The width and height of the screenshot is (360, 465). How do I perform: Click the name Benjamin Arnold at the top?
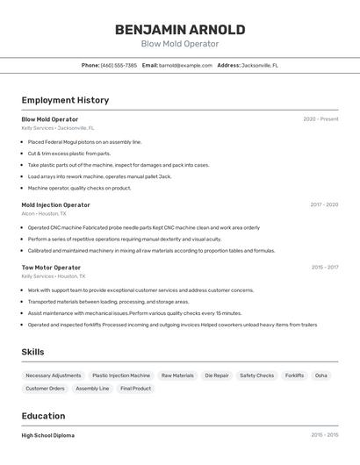179,29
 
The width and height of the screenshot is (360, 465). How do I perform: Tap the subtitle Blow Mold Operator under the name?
179,44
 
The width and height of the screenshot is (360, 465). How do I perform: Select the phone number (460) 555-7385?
119,65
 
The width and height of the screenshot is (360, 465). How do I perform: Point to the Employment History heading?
65,100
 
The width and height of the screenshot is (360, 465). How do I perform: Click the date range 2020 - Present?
320,119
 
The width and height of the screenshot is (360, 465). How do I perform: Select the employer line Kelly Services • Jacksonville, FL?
58,128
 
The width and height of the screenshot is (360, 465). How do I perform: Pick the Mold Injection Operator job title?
55,204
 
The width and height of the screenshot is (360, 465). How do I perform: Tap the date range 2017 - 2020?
323,204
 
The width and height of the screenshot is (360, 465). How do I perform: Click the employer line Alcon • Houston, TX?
44,213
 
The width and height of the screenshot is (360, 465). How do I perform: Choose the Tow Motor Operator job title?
51,268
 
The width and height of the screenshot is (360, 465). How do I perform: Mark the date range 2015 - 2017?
324,268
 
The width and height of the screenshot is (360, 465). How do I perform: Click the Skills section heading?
33,352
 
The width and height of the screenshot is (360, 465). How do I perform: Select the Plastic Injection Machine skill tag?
121,376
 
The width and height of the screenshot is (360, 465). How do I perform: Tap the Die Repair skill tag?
217,376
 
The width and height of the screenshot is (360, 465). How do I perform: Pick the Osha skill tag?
321,376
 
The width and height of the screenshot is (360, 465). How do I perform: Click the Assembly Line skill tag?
92,389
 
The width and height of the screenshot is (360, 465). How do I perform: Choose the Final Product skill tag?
136,389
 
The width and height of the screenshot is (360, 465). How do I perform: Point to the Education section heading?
43,416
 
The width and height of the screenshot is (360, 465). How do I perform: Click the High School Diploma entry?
48,435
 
